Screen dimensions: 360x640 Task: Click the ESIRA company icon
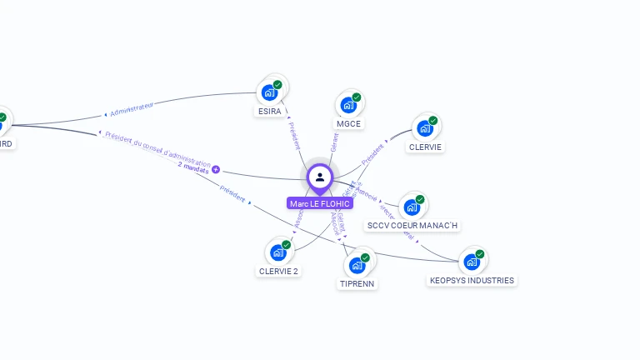click(x=269, y=92)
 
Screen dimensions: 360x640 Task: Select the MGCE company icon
click(x=348, y=105)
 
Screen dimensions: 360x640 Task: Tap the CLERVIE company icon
click(x=425, y=128)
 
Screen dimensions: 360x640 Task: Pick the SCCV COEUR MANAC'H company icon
click(x=412, y=207)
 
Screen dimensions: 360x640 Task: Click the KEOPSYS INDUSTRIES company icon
click(x=472, y=262)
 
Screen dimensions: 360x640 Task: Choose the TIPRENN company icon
click(x=357, y=265)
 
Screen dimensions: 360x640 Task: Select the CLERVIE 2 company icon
click(x=277, y=252)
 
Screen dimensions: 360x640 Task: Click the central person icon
click(x=319, y=177)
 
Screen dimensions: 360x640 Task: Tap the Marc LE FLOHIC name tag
click(x=320, y=203)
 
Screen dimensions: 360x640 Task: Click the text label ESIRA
click(x=269, y=111)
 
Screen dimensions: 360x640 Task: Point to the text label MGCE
click(x=348, y=124)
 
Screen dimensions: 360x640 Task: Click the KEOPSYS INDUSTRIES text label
click(x=472, y=281)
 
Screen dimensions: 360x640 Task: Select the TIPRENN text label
click(x=357, y=283)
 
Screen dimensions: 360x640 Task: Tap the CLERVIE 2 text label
click(x=278, y=271)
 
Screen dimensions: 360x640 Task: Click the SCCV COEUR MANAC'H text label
click(x=412, y=226)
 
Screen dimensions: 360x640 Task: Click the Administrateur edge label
click(x=132, y=109)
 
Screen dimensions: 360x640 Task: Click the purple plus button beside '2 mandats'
click(x=216, y=169)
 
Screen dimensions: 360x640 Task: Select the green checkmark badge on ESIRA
click(x=277, y=85)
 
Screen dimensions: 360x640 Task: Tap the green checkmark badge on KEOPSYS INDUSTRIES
click(x=480, y=254)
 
